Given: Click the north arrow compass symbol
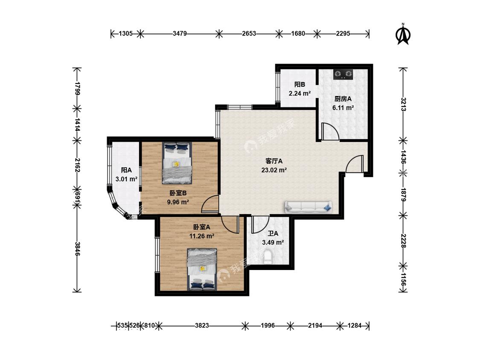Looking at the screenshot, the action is click(x=403, y=34).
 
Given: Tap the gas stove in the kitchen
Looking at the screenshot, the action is click(x=343, y=74).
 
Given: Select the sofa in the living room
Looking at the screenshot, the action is click(x=308, y=207).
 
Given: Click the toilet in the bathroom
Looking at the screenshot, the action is click(x=268, y=256).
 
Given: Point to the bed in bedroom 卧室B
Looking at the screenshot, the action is click(x=177, y=163).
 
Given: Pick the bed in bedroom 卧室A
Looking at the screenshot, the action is click(x=202, y=270).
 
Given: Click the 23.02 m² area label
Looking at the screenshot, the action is click(x=274, y=170).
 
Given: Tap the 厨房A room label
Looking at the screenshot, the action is click(x=343, y=99).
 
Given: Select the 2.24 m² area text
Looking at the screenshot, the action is click(x=300, y=93).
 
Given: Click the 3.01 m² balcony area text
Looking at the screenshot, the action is click(x=126, y=179).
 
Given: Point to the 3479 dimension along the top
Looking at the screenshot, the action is click(x=180, y=33).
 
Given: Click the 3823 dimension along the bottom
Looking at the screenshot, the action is click(x=202, y=325).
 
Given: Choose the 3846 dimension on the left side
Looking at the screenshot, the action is click(x=78, y=249).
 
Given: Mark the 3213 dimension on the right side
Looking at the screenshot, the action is click(x=404, y=105).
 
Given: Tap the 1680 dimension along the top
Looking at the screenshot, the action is click(x=298, y=33).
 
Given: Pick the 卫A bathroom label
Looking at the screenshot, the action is click(x=273, y=234).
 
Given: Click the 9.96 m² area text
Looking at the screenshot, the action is click(x=178, y=202).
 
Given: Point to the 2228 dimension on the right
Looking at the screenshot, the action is click(x=404, y=241).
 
